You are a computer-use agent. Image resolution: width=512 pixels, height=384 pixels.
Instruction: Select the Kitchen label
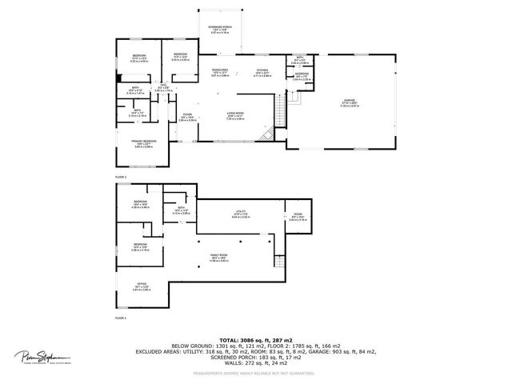pos(262,72)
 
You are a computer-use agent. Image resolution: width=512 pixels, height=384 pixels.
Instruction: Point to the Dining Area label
pos(220,72)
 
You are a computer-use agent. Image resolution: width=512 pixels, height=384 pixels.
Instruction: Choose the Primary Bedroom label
pos(144,142)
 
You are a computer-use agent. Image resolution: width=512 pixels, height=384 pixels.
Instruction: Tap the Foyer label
pos(186,117)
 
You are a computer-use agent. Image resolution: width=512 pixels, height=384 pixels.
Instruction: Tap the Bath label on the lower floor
pos(177,212)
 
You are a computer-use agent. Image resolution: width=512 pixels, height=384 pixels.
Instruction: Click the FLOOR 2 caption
pos(121,176)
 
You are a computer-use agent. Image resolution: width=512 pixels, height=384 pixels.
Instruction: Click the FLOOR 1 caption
pos(121,318)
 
